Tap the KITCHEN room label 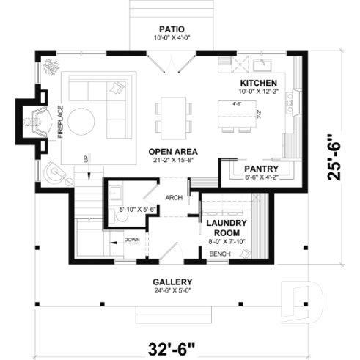pos(258,83)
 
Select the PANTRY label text pos(258,167)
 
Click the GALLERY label pos(172,282)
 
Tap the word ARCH pos(174,197)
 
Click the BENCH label pos(220,254)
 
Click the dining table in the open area pos(175,116)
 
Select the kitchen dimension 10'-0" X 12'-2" pos(258,92)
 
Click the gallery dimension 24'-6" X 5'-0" pos(172,291)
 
